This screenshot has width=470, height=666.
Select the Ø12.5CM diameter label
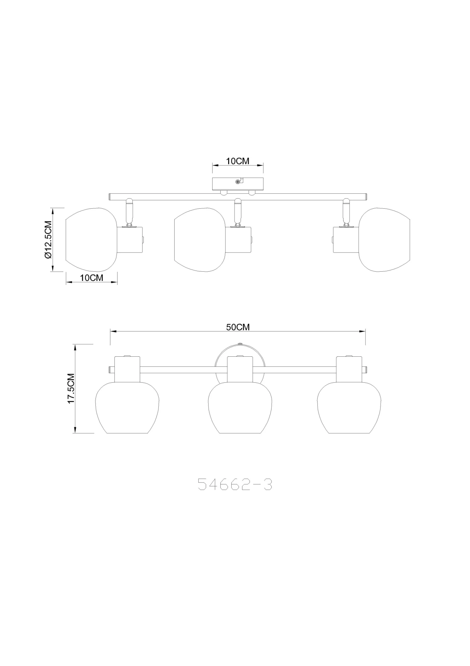click(48, 240)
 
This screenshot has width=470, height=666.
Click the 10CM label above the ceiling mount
click(238, 161)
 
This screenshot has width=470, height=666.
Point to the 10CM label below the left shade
click(91, 278)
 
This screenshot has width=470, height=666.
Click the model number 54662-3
click(235, 485)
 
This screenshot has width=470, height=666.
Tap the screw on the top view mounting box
click(238, 182)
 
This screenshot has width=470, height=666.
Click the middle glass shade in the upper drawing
click(199, 240)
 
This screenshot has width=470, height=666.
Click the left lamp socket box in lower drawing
click(127, 369)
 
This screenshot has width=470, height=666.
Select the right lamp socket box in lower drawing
click(349, 369)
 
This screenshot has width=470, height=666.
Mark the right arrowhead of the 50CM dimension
click(362, 331)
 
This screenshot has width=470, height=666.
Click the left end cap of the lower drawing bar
click(111, 370)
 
